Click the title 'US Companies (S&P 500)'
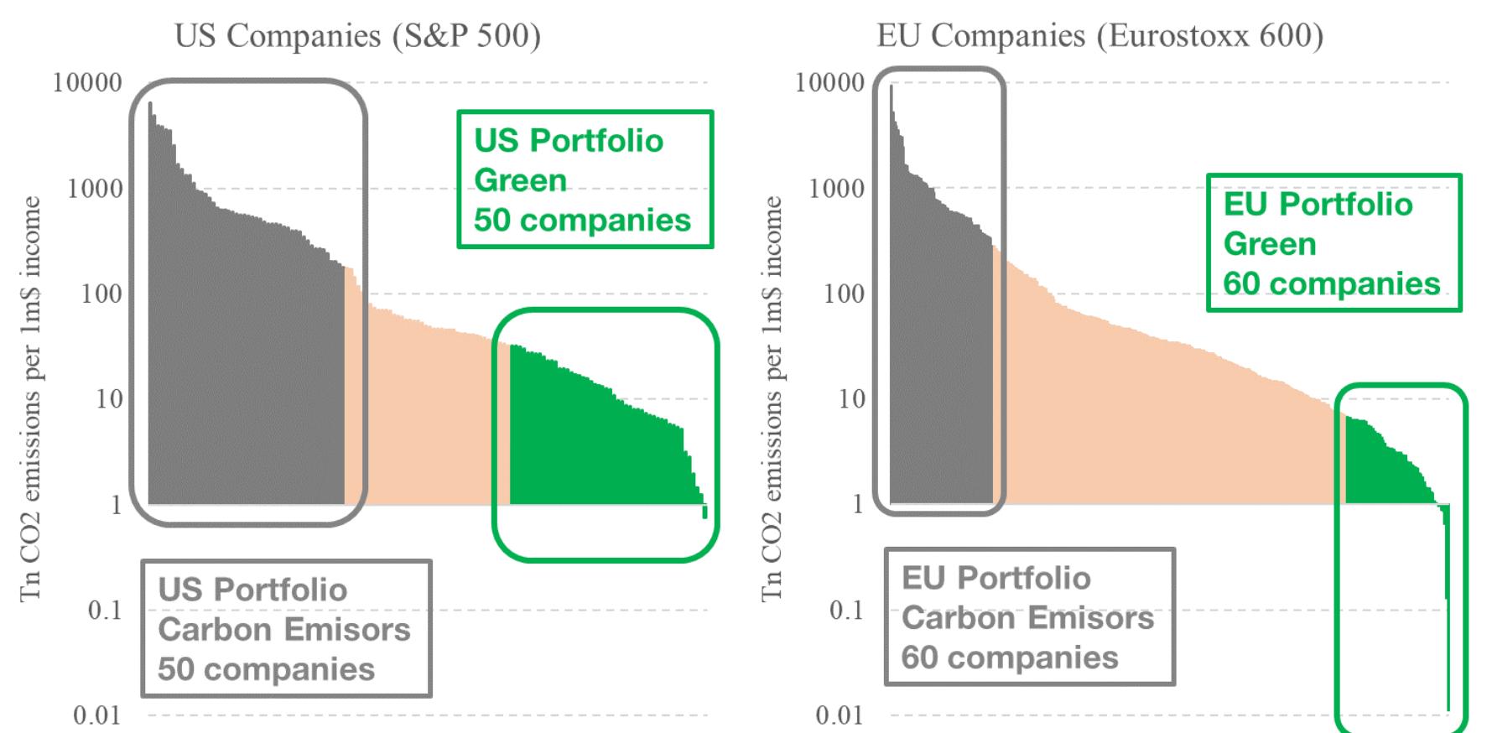(357, 36)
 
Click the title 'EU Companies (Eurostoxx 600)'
(1100, 36)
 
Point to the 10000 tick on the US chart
(87, 83)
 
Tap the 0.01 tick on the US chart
(97, 715)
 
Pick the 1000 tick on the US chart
(94, 189)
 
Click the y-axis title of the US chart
(30, 398)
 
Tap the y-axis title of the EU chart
(772, 398)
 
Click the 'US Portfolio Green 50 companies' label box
(585, 179)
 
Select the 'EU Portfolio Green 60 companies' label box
(1333, 243)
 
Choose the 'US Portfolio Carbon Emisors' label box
(285, 629)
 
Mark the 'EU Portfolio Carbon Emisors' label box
(1029, 617)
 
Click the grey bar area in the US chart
(243, 361)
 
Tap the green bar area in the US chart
(587, 444)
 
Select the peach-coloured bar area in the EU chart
(1174, 419)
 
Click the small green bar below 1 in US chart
(705, 511)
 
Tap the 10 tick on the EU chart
(850, 399)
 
